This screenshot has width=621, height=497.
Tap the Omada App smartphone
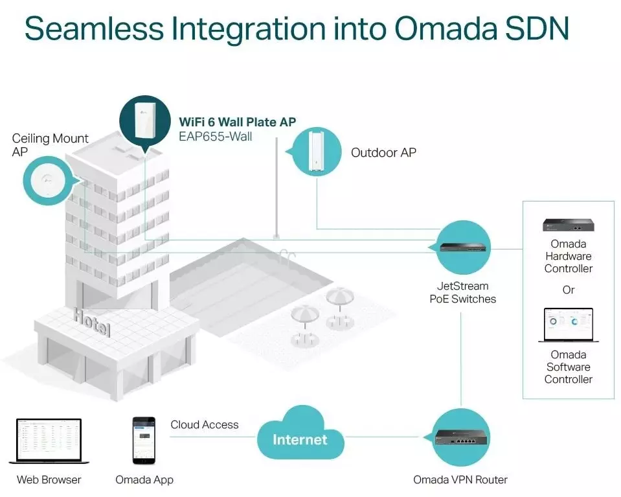coord(144,440)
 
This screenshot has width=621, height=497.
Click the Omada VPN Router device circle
coord(460,438)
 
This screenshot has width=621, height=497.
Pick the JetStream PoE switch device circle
coord(462,247)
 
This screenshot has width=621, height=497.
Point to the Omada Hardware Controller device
coord(569,225)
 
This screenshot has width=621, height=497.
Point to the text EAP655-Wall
coord(216,136)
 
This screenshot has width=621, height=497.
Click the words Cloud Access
coord(205,425)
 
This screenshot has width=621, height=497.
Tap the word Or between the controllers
coord(568,290)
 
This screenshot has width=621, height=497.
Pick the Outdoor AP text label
coord(383,153)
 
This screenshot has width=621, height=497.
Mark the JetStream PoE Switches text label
coord(462,292)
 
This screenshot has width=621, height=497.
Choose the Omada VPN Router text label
coord(460,480)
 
